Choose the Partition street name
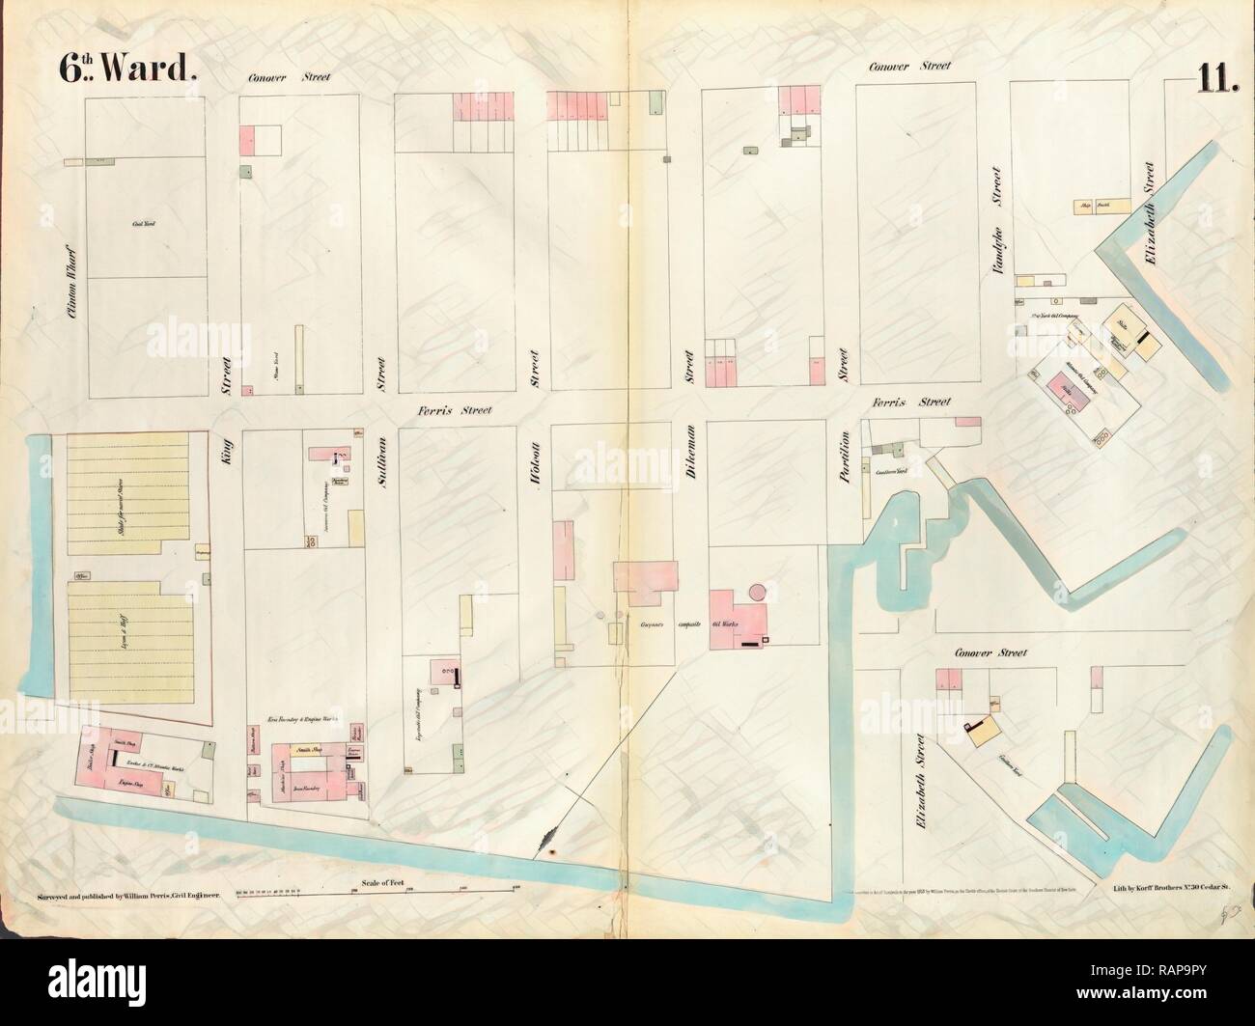[x=844, y=457]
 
